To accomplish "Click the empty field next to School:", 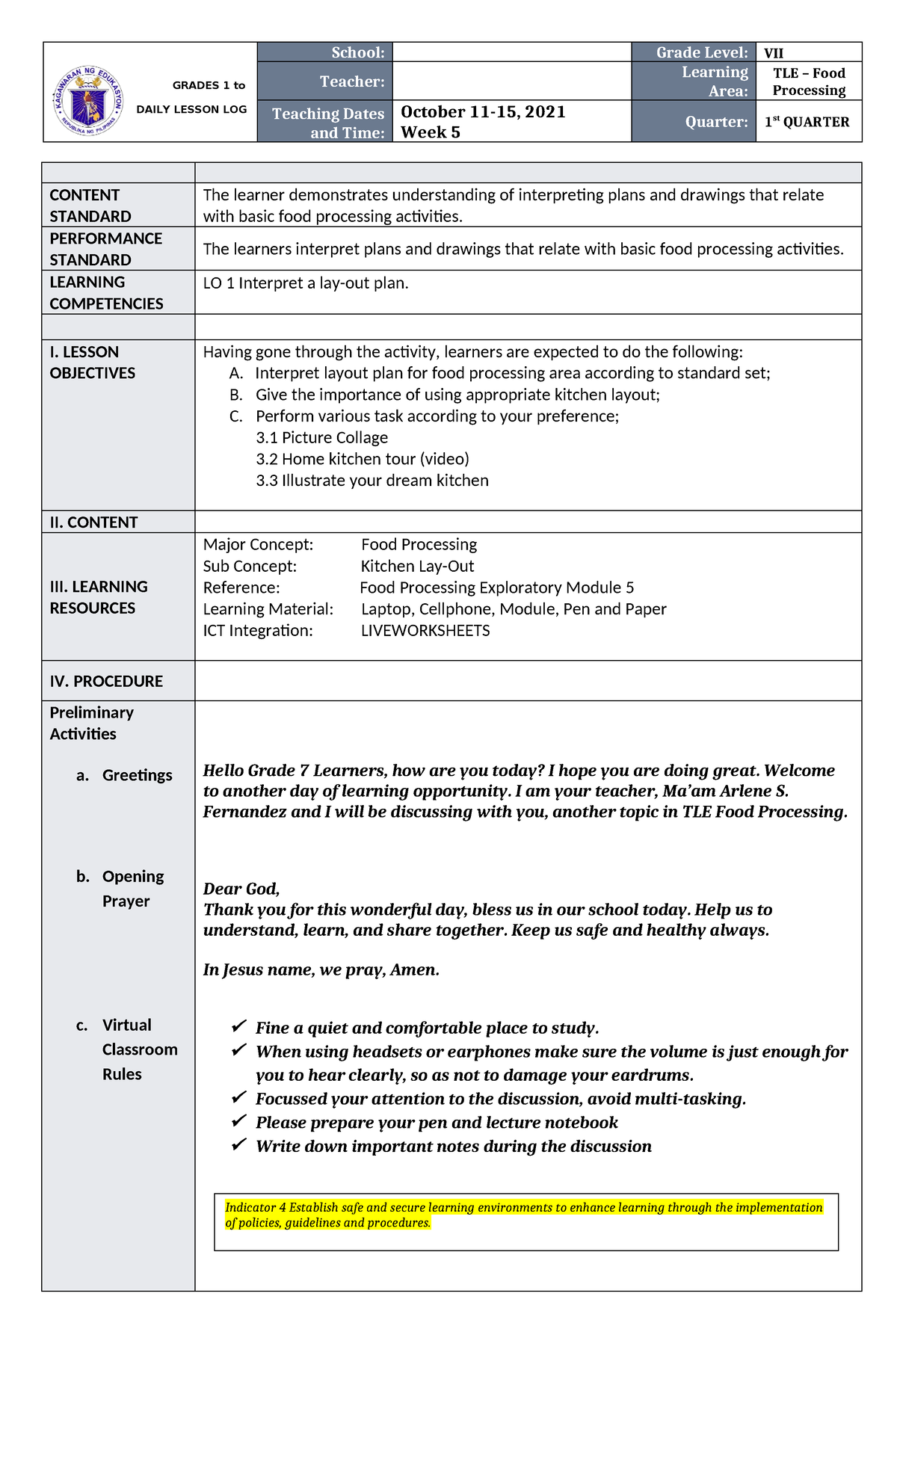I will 511,52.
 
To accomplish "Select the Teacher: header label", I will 351,81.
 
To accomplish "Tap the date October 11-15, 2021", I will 483,112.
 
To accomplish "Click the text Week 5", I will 431,132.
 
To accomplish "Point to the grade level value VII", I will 774,53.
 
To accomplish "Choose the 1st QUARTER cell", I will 807,122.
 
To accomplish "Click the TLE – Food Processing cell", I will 809,81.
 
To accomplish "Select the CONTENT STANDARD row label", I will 90,206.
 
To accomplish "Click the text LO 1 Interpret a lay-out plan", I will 306,283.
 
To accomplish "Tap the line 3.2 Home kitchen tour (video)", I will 363,459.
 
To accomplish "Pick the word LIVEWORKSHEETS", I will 425,631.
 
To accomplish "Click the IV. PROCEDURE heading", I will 106,682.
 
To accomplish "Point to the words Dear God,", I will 241,889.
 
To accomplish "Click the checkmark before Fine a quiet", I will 238,1026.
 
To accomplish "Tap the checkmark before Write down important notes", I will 238,1144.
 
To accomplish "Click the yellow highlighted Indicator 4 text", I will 523,1215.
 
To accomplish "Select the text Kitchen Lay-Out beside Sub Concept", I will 417,567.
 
